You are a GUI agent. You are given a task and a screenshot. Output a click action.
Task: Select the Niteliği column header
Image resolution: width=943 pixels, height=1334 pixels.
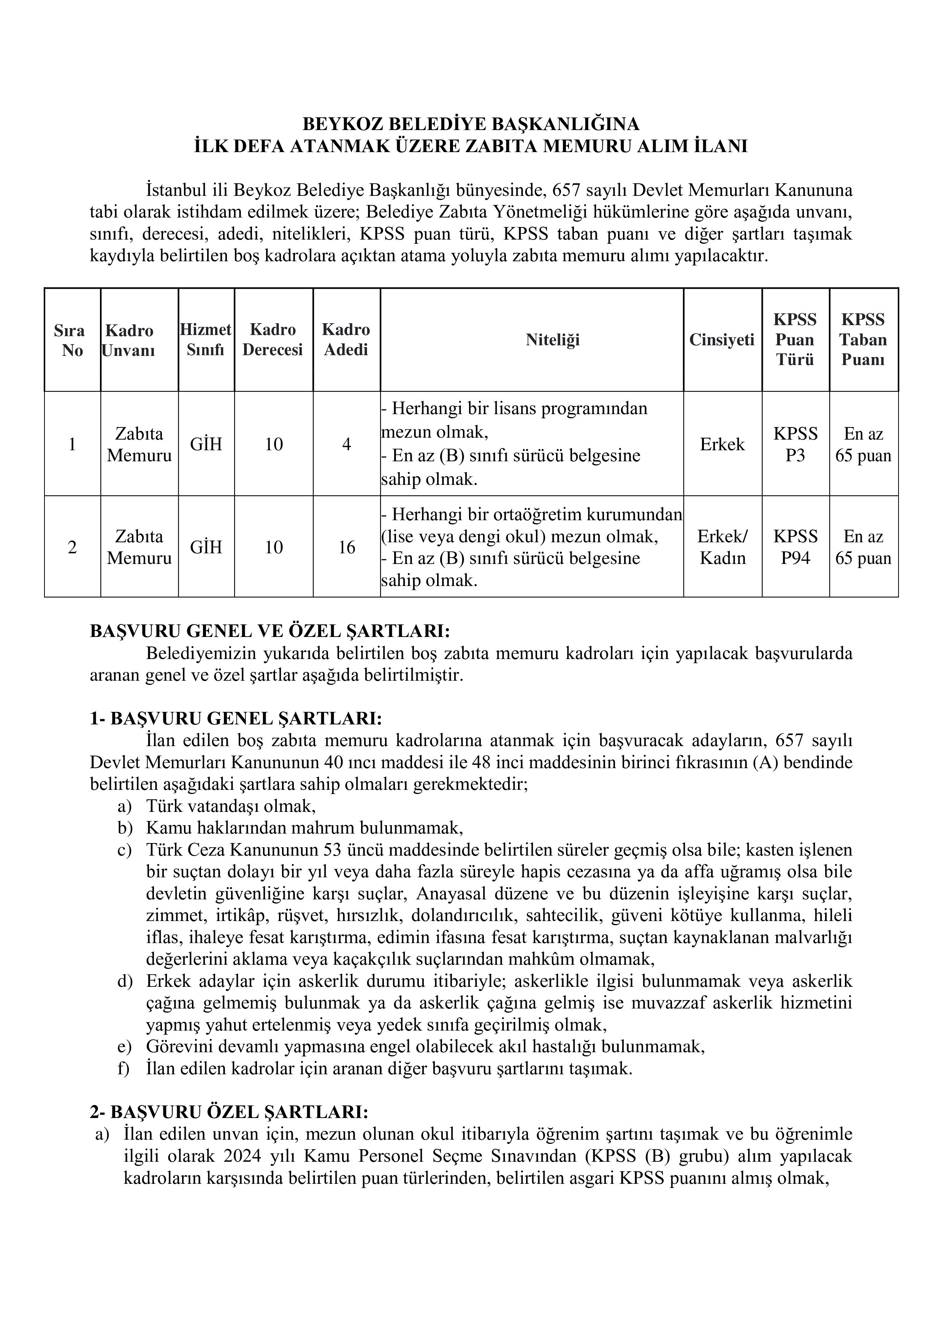pyautogui.click(x=552, y=340)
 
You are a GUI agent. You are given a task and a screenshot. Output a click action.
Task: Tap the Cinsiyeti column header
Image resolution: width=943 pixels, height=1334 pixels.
pyautogui.click(x=722, y=340)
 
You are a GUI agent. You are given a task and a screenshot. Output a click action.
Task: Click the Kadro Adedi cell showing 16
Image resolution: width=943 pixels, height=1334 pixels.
pyautogui.click(x=346, y=547)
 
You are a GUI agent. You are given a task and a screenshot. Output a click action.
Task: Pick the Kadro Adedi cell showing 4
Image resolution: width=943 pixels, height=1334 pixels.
pyautogui.click(x=346, y=445)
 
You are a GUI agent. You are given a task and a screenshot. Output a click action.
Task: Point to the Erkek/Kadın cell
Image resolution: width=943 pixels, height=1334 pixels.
pyautogui.click(x=722, y=547)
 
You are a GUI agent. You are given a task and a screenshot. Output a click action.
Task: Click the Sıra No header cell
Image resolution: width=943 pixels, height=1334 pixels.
pyautogui.click(x=72, y=340)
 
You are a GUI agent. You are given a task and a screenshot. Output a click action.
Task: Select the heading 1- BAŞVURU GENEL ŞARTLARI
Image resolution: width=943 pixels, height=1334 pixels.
pyautogui.click(x=236, y=719)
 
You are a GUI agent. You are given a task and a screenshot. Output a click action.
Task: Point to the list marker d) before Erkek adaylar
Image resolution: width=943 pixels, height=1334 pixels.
pyautogui.click(x=125, y=982)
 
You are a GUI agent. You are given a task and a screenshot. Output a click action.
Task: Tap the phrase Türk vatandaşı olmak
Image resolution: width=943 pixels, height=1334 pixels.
pyautogui.click(x=231, y=807)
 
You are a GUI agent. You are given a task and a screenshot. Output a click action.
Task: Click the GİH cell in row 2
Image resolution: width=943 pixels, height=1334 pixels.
pyautogui.click(x=206, y=547)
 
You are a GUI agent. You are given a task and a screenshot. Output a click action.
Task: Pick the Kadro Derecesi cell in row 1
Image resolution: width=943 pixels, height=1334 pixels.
pyautogui.click(x=274, y=445)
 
